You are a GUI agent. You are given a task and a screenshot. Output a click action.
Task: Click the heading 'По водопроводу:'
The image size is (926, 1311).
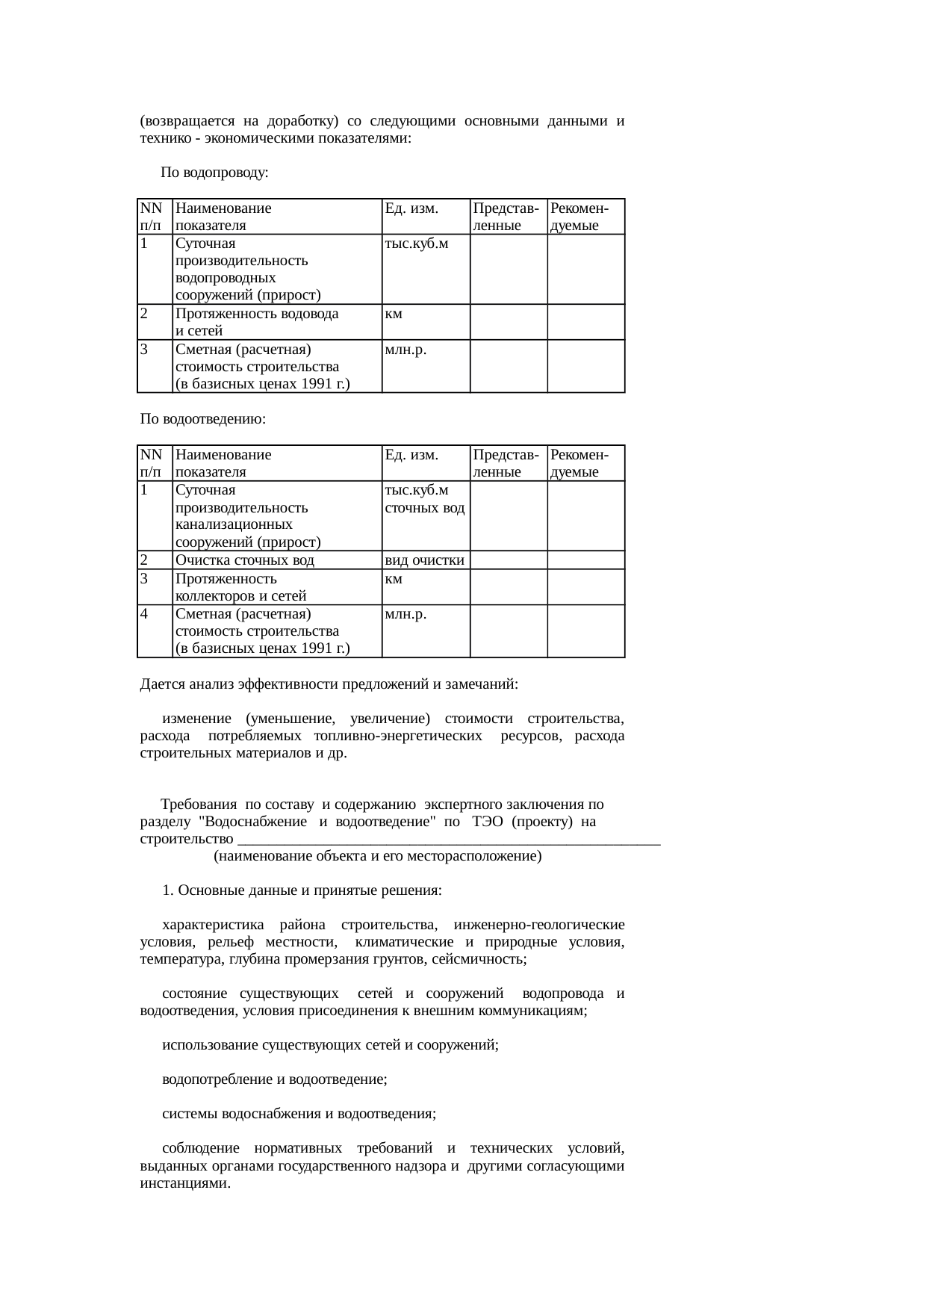pyautogui.click(x=214, y=173)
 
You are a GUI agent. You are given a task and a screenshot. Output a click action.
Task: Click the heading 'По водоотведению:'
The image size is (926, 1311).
pyautogui.click(x=203, y=419)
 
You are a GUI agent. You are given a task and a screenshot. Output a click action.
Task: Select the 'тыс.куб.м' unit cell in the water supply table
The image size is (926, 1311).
pyautogui.click(x=416, y=243)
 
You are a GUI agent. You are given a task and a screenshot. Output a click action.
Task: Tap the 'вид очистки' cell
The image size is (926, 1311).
pyautogui.click(x=425, y=560)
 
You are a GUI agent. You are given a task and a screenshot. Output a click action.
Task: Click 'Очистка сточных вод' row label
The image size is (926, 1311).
pyautogui.click(x=244, y=560)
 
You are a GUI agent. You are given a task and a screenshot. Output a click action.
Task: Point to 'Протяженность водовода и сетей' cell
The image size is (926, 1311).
pyautogui.click(x=256, y=322)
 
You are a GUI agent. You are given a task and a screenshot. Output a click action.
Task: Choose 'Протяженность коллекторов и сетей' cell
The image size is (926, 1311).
pyautogui.click(x=240, y=587)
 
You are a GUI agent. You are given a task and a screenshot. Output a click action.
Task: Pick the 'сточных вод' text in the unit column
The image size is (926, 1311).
pyautogui.click(x=424, y=508)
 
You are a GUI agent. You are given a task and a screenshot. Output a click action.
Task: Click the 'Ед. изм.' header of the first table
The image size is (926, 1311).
pyautogui.click(x=411, y=207)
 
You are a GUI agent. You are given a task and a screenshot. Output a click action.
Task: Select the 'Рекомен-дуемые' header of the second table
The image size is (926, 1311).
pyautogui.click(x=579, y=463)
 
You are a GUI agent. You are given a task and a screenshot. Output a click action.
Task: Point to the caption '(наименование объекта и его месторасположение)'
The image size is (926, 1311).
pyautogui.click(x=377, y=856)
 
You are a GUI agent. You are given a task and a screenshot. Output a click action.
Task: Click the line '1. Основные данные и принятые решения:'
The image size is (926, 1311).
pyautogui.click(x=302, y=891)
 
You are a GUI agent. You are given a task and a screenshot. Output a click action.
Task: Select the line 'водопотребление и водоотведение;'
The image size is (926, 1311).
pyautogui.click(x=274, y=1079)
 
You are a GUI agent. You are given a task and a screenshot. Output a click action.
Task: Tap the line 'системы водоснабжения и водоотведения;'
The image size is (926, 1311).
pyautogui.click(x=299, y=1114)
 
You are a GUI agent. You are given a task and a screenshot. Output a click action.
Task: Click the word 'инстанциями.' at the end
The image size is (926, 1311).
pyautogui.click(x=184, y=1183)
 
